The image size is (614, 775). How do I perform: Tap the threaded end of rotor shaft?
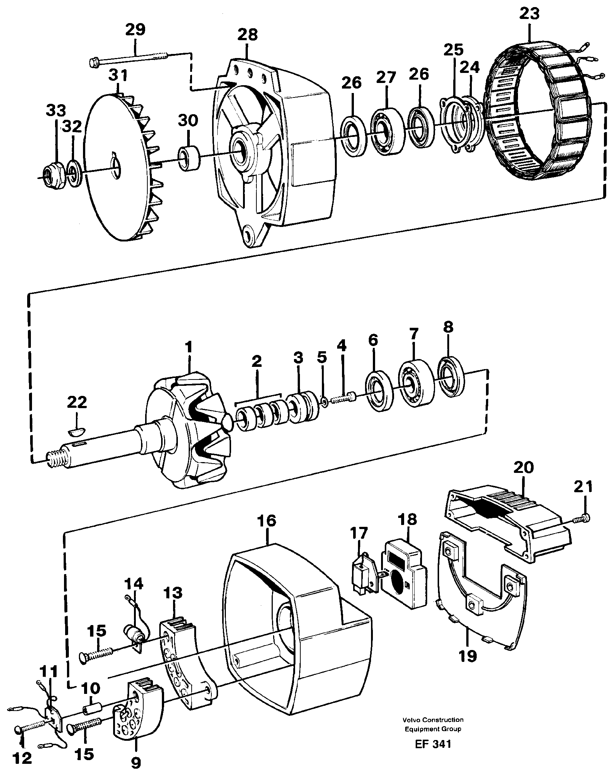pos(56,460)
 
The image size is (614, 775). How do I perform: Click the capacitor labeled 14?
pos(135,633)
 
